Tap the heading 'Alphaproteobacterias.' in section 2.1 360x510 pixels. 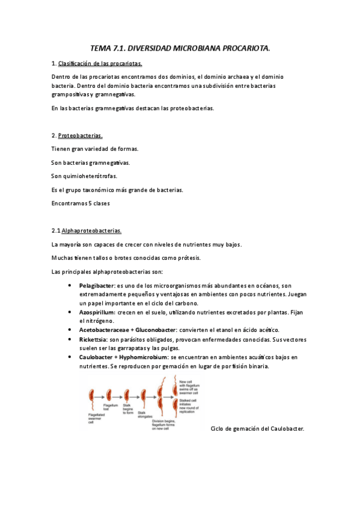click(x=92, y=230)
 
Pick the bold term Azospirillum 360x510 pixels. click(x=97, y=313)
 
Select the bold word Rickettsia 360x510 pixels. click(x=93, y=340)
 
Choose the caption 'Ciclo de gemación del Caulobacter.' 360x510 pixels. click(x=258, y=428)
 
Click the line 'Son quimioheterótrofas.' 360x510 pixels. click(x=85, y=176)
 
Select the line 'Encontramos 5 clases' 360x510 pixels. click(x=81, y=203)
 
